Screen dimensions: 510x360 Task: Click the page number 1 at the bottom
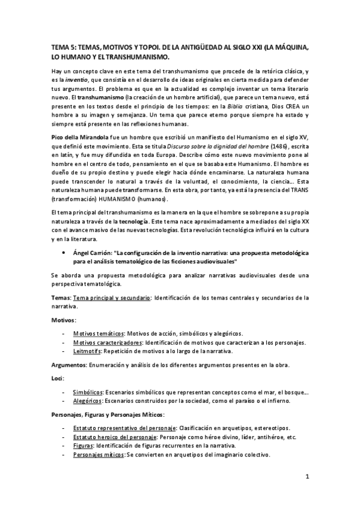click(306, 478)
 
